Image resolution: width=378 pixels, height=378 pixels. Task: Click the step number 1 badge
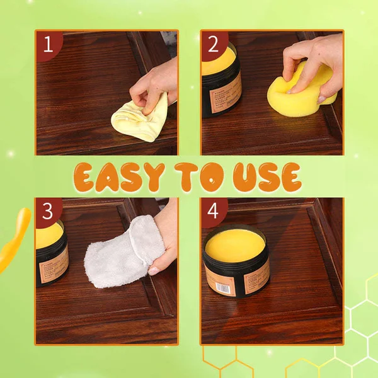tap(48, 44)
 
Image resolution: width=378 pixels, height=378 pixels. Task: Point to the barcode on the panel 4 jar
tap(222, 285)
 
